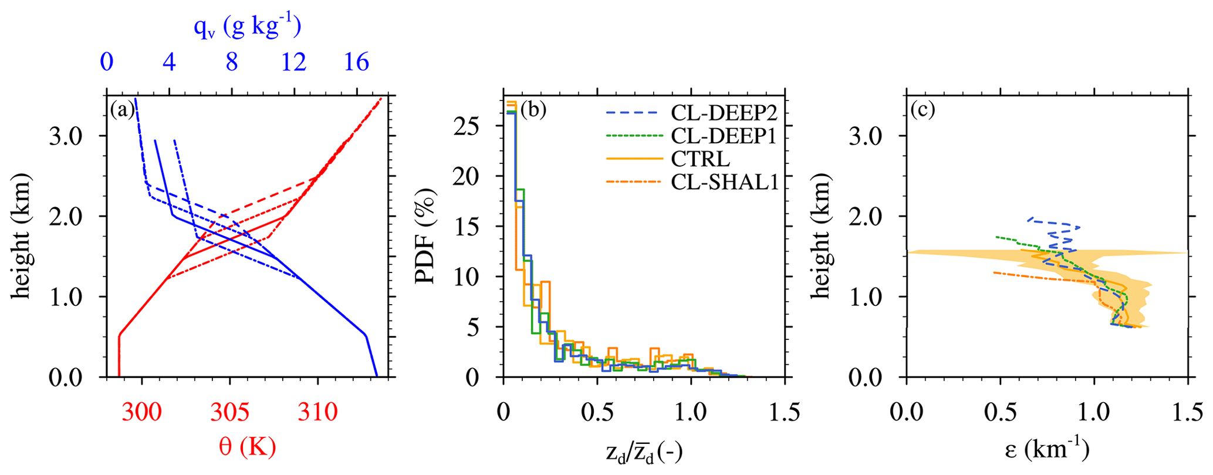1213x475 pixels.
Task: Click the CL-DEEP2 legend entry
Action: (x=724, y=112)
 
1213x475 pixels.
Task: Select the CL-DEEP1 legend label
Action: (x=724, y=136)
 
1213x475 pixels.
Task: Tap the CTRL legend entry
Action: (x=701, y=159)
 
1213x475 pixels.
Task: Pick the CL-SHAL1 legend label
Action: (x=725, y=183)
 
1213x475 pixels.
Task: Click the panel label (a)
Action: (x=122, y=110)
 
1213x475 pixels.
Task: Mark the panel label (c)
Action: (x=923, y=110)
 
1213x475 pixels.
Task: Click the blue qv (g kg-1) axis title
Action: (x=247, y=27)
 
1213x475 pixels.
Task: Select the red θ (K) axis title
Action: (x=247, y=448)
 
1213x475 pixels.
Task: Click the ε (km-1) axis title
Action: (x=1047, y=450)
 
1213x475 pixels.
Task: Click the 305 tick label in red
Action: (x=229, y=413)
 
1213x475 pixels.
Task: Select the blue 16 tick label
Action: (x=356, y=62)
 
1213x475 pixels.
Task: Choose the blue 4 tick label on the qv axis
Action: (x=170, y=62)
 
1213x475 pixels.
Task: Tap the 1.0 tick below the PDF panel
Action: (x=691, y=413)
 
